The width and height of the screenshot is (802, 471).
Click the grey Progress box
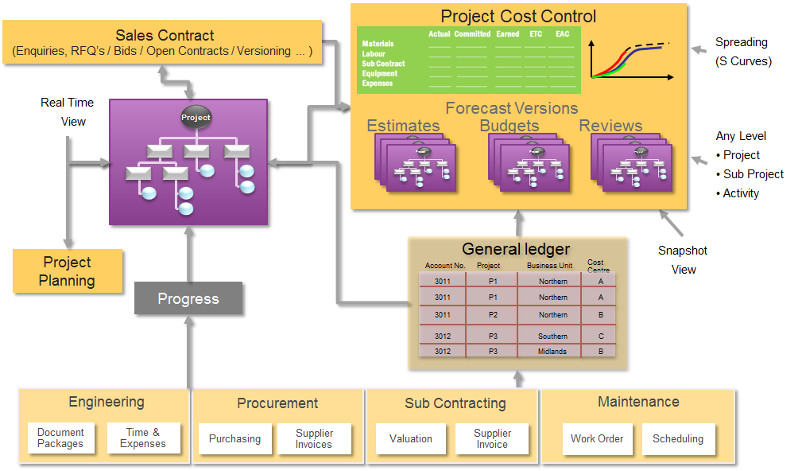(x=188, y=299)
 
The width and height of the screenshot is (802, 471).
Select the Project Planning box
(x=68, y=271)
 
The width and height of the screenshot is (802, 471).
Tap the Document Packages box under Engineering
(x=60, y=438)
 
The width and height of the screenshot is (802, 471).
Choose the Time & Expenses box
(x=143, y=438)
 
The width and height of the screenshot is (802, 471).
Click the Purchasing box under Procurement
(x=234, y=439)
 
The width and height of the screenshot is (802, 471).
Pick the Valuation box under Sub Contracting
(x=411, y=439)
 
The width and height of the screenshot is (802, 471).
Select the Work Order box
(x=597, y=439)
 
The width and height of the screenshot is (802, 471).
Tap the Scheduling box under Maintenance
(x=677, y=439)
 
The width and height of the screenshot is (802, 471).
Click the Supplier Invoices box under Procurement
(x=314, y=439)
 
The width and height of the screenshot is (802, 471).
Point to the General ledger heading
(x=516, y=249)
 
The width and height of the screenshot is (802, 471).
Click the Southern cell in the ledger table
(x=552, y=337)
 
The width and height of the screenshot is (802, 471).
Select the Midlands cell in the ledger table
(x=552, y=351)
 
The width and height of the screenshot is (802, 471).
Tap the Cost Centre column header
(x=596, y=266)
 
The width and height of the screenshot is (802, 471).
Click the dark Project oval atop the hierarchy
(x=196, y=118)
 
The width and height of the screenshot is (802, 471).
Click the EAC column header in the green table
(x=563, y=34)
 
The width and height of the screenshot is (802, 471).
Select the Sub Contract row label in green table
(x=383, y=64)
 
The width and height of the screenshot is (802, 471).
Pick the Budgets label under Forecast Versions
(x=509, y=126)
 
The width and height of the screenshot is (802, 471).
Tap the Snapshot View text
(x=683, y=260)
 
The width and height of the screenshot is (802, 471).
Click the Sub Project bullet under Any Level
(x=753, y=174)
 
